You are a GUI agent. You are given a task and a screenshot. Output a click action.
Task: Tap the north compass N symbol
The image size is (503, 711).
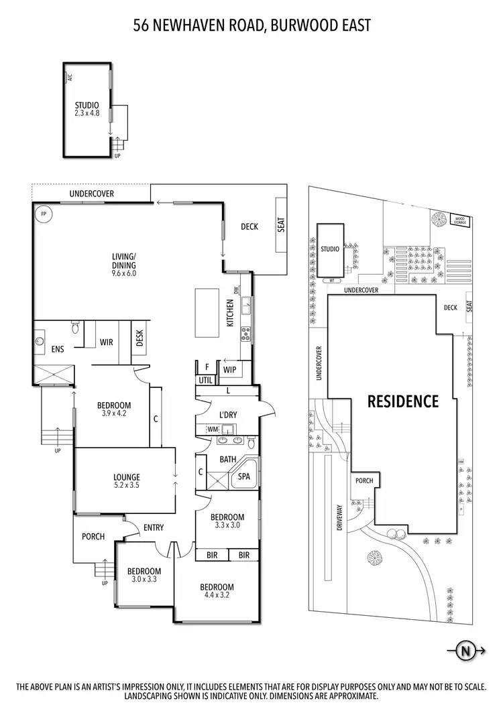(x=464, y=649)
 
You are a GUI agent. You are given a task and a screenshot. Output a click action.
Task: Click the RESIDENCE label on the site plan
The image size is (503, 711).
(x=402, y=401)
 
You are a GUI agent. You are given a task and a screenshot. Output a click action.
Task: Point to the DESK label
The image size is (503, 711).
(x=139, y=339)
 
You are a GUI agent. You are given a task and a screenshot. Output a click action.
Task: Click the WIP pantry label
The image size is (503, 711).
(x=230, y=369)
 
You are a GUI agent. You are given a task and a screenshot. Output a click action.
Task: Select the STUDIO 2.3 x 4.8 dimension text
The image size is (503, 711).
(x=87, y=114)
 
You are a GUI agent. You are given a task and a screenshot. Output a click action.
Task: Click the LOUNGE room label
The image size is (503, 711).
(x=126, y=477)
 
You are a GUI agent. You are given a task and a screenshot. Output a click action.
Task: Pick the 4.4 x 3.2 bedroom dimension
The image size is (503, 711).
(x=217, y=594)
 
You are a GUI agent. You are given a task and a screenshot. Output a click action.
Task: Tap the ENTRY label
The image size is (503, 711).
(x=154, y=527)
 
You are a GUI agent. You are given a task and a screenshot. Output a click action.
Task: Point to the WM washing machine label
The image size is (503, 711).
(x=213, y=429)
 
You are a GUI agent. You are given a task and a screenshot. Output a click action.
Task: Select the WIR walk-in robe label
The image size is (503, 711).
(x=105, y=342)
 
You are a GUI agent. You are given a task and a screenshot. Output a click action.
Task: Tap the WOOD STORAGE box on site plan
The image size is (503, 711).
(x=460, y=219)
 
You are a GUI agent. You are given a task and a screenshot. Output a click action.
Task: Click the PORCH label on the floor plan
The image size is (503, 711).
(x=93, y=536)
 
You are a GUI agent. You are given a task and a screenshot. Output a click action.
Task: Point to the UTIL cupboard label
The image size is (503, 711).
(x=205, y=380)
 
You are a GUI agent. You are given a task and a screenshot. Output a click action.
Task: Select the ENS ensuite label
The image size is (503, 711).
(x=57, y=348)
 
